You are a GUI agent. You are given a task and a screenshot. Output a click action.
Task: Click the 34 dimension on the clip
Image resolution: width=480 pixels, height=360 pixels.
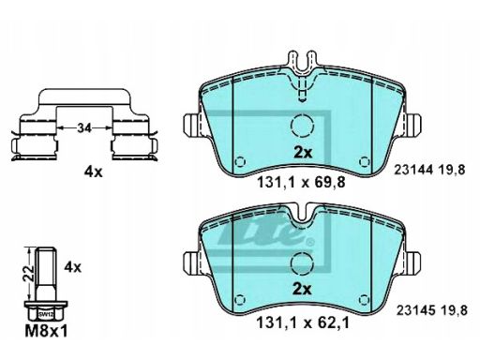[84, 127]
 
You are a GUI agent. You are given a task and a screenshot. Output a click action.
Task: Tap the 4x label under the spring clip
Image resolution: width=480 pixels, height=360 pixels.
[93, 172]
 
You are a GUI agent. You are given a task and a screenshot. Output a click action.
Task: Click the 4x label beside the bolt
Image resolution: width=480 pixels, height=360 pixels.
[72, 267]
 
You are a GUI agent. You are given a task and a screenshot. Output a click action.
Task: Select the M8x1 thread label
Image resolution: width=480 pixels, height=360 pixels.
[46, 331]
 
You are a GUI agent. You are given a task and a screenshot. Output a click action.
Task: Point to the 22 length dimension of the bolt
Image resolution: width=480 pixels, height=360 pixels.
[30, 273]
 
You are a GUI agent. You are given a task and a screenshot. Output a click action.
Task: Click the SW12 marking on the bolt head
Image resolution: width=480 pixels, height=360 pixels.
[46, 315]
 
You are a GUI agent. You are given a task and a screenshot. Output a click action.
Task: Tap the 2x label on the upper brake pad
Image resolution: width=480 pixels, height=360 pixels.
[303, 153]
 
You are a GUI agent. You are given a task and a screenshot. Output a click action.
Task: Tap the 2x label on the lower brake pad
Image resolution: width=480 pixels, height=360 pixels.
[302, 290]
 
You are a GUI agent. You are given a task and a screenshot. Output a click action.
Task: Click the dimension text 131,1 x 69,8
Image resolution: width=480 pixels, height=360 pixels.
[301, 182]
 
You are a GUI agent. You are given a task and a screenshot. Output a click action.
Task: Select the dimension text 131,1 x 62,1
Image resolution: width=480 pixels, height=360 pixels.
[302, 322]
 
